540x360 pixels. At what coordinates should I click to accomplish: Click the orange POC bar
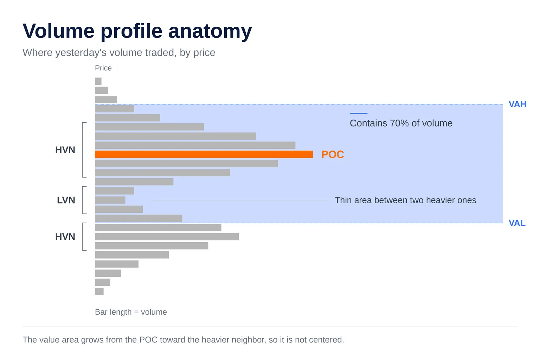click(x=204, y=154)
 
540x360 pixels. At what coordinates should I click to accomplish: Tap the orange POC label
click(x=333, y=155)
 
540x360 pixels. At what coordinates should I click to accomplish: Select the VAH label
click(x=517, y=104)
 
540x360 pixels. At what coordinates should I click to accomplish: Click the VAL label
click(x=517, y=223)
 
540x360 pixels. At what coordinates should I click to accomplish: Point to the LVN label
click(x=66, y=200)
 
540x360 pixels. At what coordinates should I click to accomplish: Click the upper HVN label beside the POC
click(x=65, y=150)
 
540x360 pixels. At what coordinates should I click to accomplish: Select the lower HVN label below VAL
click(x=65, y=237)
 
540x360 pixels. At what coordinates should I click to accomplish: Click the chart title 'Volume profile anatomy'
click(x=137, y=31)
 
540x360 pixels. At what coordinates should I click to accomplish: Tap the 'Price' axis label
click(x=103, y=68)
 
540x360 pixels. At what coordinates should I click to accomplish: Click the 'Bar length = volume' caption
click(x=131, y=312)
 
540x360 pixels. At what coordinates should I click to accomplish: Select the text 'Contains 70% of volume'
click(x=401, y=123)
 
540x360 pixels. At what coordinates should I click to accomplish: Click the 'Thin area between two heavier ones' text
click(x=405, y=200)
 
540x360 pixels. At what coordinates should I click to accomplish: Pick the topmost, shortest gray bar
click(x=98, y=81)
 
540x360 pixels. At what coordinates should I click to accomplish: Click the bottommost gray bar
click(x=99, y=291)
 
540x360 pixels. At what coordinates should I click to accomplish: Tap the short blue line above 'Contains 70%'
click(x=359, y=113)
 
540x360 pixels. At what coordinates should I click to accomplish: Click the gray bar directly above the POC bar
click(x=195, y=145)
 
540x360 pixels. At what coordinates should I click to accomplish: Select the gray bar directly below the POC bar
click(x=186, y=163)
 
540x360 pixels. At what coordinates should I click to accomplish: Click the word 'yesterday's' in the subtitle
click(x=81, y=53)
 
